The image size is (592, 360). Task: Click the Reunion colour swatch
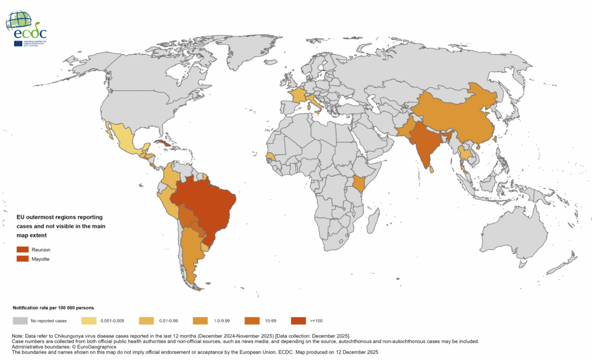[x=22, y=249]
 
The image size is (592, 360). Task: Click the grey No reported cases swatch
[x=20, y=320]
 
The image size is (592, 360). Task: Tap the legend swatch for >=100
[x=298, y=320]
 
